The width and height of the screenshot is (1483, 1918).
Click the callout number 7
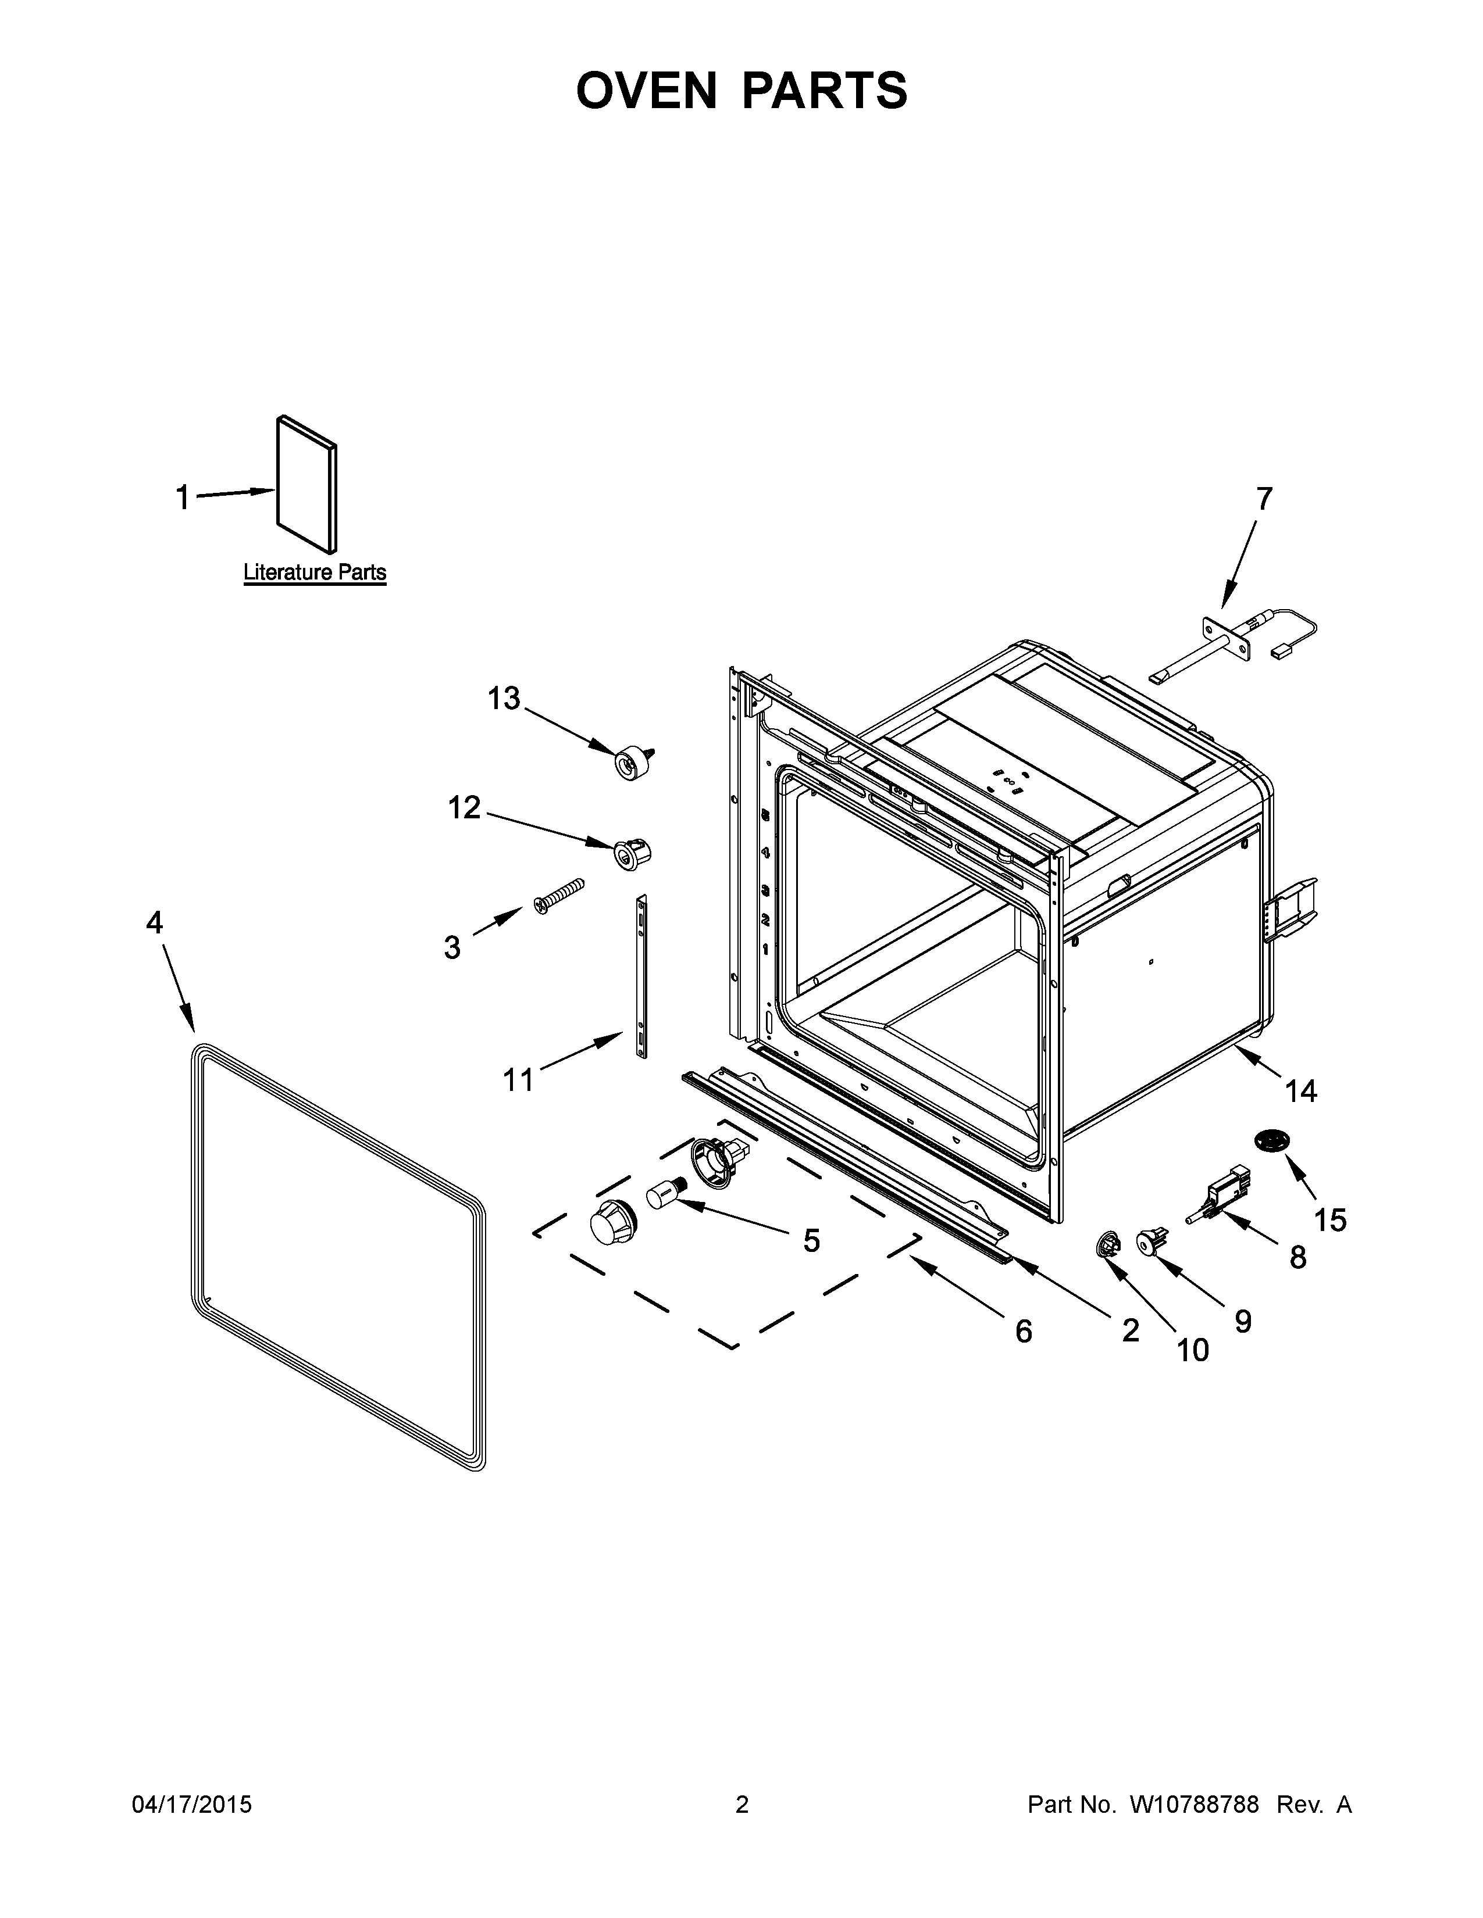point(1263,499)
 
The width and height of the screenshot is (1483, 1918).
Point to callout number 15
point(1330,1220)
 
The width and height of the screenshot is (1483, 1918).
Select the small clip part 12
point(632,853)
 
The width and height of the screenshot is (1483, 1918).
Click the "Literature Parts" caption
point(315,572)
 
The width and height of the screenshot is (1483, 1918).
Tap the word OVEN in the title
point(647,91)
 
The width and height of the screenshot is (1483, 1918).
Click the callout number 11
point(518,1079)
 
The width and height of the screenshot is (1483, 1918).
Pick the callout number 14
point(1301,1091)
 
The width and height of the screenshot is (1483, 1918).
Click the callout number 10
point(1192,1349)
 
